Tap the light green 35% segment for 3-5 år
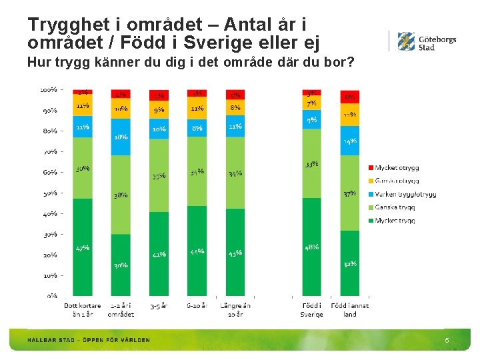[x=159, y=177]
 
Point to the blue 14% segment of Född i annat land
[x=349, y=141]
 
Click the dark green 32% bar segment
[x=349, y=263]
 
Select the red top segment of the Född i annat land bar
[x=349, y=97]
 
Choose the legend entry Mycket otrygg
[x=397, y=167]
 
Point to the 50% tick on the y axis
[x=51, y=193]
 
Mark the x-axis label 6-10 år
[x=197, y=306]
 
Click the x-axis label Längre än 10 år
[x=235, y=310]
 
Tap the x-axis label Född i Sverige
[x=311, y=310]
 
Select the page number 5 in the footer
[x=447, y=341]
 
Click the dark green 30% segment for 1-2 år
[x=121, y=265]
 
